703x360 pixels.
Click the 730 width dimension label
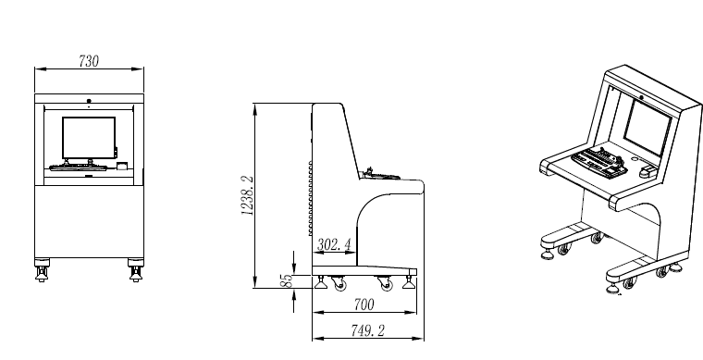(89, 61)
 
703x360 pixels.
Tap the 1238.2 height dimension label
(248, 195)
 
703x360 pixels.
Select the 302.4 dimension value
(334, 245)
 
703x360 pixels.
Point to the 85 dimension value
(287, 280)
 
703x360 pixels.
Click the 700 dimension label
(364, 304)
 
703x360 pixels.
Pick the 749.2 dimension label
(367, 331)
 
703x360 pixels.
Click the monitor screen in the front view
(89, 138)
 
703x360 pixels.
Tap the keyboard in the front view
(78, 168)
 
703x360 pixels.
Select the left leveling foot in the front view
(43, 273)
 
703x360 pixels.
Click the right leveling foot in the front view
(136, 273)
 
